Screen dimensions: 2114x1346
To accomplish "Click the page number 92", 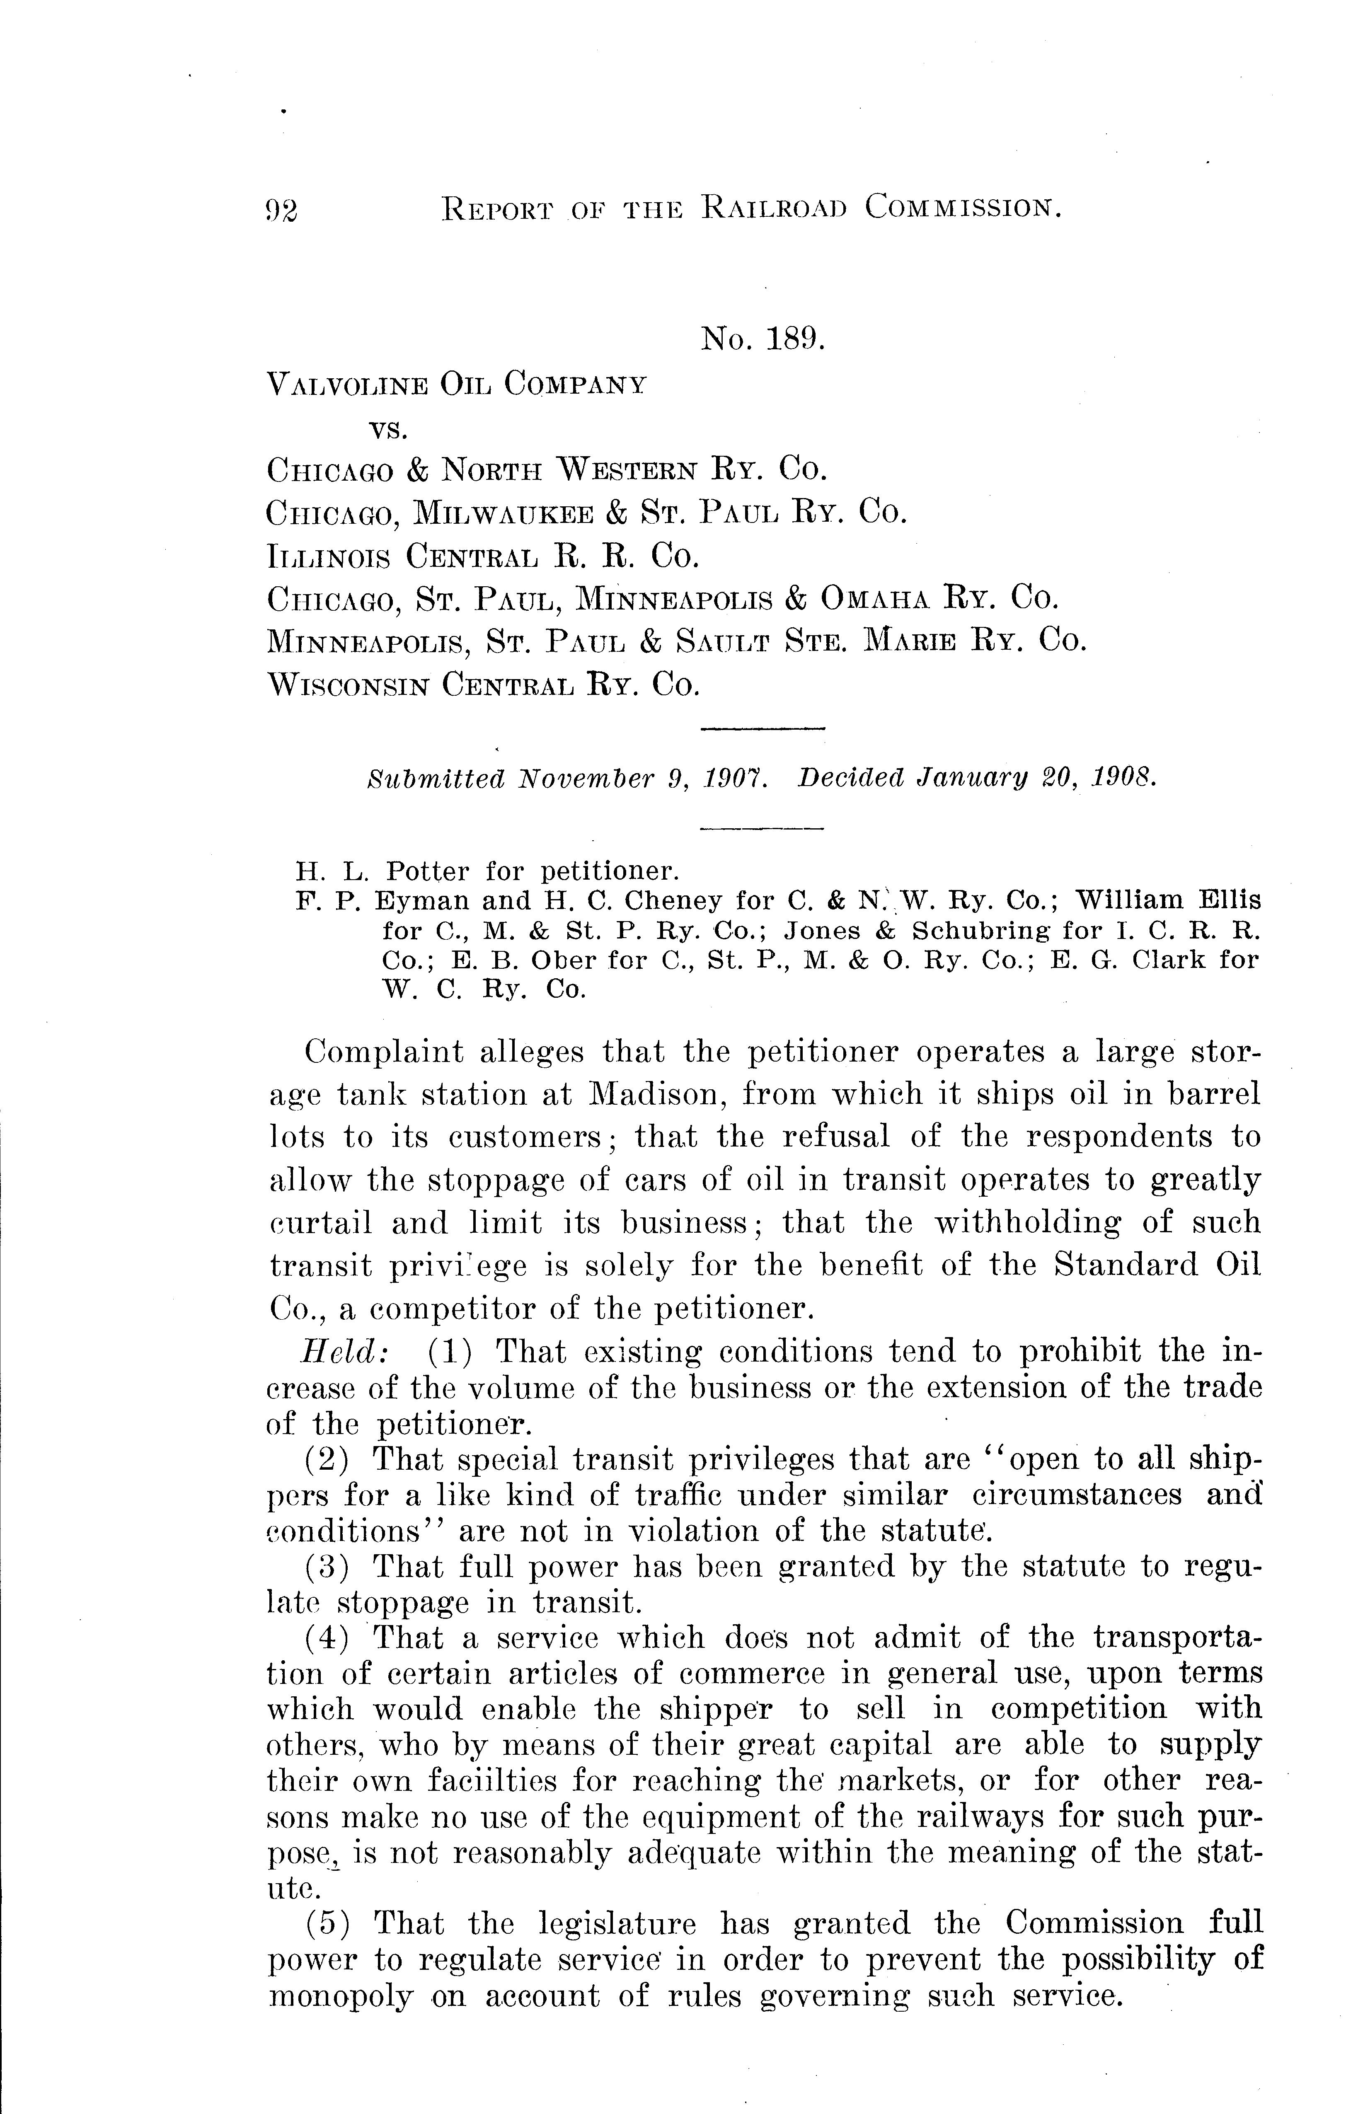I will pyautogui.click(x=282, y=210).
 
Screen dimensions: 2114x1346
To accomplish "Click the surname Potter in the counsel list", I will pyautogui.click(x=428, y=872).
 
